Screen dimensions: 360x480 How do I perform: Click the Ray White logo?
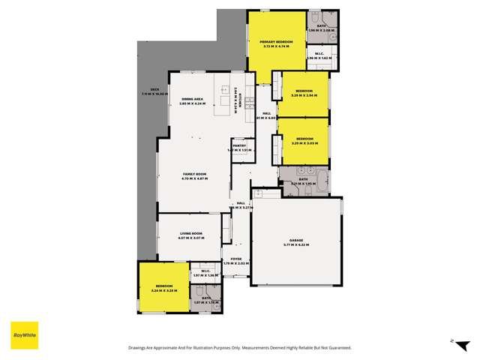24,334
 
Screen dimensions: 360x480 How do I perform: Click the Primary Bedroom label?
277,43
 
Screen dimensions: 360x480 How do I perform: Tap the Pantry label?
238,147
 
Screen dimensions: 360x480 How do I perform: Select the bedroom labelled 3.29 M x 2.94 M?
304,94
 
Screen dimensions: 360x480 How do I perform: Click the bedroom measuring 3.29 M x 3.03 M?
304,140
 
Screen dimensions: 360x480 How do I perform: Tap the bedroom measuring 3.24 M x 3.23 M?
164,287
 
